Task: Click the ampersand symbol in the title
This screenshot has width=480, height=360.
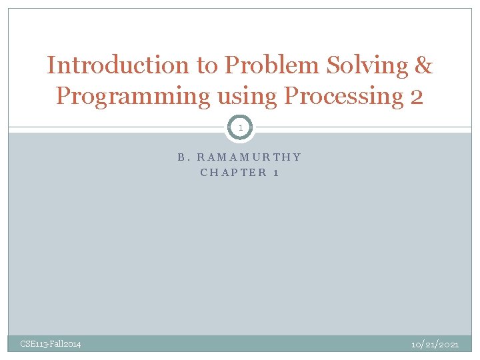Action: coord(424,65)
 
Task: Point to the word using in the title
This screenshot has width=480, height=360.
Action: coord(247,96)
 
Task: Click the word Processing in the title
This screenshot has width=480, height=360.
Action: coord(343,96)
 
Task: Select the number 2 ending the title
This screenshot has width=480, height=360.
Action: coord(416,96)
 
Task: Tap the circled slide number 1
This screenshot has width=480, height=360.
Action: coord(240,127)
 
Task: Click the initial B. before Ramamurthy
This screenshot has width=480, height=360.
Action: coord(184,158)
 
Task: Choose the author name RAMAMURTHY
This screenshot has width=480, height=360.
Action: coord(249,158)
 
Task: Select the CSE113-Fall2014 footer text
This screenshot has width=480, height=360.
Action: coord(51,344)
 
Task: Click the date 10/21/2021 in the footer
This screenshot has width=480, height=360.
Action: coord(435,344)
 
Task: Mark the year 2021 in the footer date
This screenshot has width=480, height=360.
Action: coord(449,344)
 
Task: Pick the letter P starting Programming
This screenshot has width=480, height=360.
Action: coord(63,96)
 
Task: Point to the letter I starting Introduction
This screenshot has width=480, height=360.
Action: coord(51,65)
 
